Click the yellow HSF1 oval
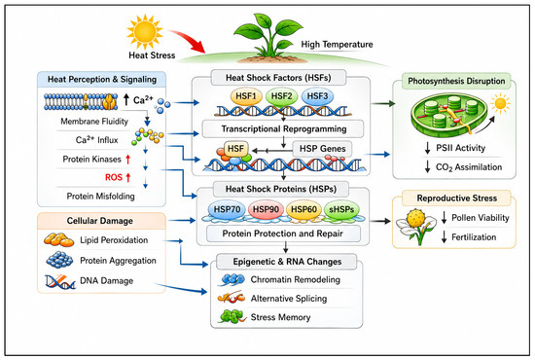pyautogui.click(x=246, y=96)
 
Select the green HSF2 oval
pyautogui.click(x=281, y=96)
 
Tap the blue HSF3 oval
pyautogui.click(x=317, y=96)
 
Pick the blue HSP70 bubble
pyautogui.click(x=227, y=209)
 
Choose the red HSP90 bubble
pyautogui.click(x=266, y=209)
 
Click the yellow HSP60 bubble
pyautogui.click(x=303, y=209)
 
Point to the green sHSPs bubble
pyautogui.click(x=341, y=209)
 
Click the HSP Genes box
pyautogui.click(x=322, y=149)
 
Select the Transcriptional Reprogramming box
pyautogui.click(x=283, y=129)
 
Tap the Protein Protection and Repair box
pyautogui.click(x=283, y=234)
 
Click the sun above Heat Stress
pyautogui.click(x=145, y=32)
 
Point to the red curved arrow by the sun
pyautogui.click(x=187, y=40)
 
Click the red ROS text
pyautogui.click(x=114, y=177)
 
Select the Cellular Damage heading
pyautogui.click(x=100, y=221)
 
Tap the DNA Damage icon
pyautogui.click(x=60, y=281)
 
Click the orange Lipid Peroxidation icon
pyautogui.click(x=58, y=240)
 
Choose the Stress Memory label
pyautogui.click(x=280, y=317)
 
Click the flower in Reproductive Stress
pyautogui.click(x=416, y=225)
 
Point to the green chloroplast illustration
pyautogui.click(x=449, y=114)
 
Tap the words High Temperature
pyautogui.click(x=337, y=45)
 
